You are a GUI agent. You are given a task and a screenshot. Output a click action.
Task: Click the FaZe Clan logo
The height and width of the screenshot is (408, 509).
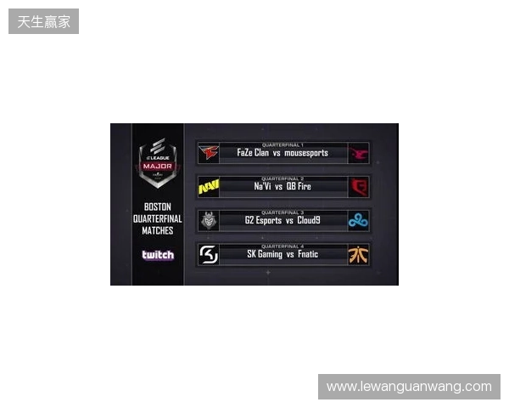[x=208, y=153]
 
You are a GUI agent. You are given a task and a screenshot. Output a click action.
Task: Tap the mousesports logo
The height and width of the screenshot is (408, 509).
[x=359, y=153]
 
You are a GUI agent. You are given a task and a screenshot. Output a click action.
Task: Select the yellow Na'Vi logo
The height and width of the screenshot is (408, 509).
[x=208, y=187]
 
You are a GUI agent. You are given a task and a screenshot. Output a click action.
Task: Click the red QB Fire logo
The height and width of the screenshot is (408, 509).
[x=359, y=187]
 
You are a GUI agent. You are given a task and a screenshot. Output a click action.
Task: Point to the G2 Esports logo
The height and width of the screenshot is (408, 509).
[x=208, y=221]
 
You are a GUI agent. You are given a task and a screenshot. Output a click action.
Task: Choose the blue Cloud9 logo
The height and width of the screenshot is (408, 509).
[x=359, y=221]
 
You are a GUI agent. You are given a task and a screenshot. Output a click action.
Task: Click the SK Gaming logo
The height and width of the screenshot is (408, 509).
[x=208, y=254]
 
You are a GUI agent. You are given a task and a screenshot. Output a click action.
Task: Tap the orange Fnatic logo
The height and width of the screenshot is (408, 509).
[x=359, y=254]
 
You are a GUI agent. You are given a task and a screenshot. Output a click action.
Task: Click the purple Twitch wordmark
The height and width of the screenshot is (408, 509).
[x=158, y=255]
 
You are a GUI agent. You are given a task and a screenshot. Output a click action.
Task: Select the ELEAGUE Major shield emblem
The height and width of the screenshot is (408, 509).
[x=157, y=161]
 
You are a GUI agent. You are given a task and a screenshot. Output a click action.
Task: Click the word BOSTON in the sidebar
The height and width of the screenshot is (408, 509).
[x=158, y=207]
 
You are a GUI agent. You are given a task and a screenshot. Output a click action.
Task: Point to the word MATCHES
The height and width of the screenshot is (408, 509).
[x=158, y=230]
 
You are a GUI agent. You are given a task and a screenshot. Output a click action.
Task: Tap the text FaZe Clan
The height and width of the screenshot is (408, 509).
[x=253, y=153]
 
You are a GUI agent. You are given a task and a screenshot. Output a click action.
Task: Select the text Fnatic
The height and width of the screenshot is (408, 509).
[x=308, y=254]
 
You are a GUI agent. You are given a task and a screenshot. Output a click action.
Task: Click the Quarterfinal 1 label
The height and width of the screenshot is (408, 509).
[x=283, y=144]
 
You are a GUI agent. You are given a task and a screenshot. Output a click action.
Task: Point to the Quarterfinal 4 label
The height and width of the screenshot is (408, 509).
[x=283, y=246]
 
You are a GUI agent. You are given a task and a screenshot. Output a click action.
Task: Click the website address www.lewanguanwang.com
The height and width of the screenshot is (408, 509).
[x=408, y=387]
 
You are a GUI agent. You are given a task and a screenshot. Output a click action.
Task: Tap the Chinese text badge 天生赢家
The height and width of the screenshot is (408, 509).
[x=44, y=21]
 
